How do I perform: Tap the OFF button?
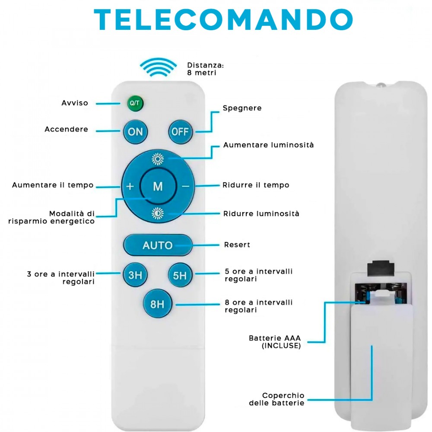180,131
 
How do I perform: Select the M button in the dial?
158,186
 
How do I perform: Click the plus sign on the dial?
130,186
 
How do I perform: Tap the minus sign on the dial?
185,186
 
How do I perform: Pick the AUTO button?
158,245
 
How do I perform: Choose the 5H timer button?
180,275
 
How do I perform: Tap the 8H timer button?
157,304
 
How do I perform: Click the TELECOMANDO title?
223,19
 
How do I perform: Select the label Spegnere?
242,108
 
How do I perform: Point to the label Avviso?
75,103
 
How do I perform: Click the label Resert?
237,245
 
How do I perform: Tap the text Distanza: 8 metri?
205,69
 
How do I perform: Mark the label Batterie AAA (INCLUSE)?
275,342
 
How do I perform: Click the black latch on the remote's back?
380,268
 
